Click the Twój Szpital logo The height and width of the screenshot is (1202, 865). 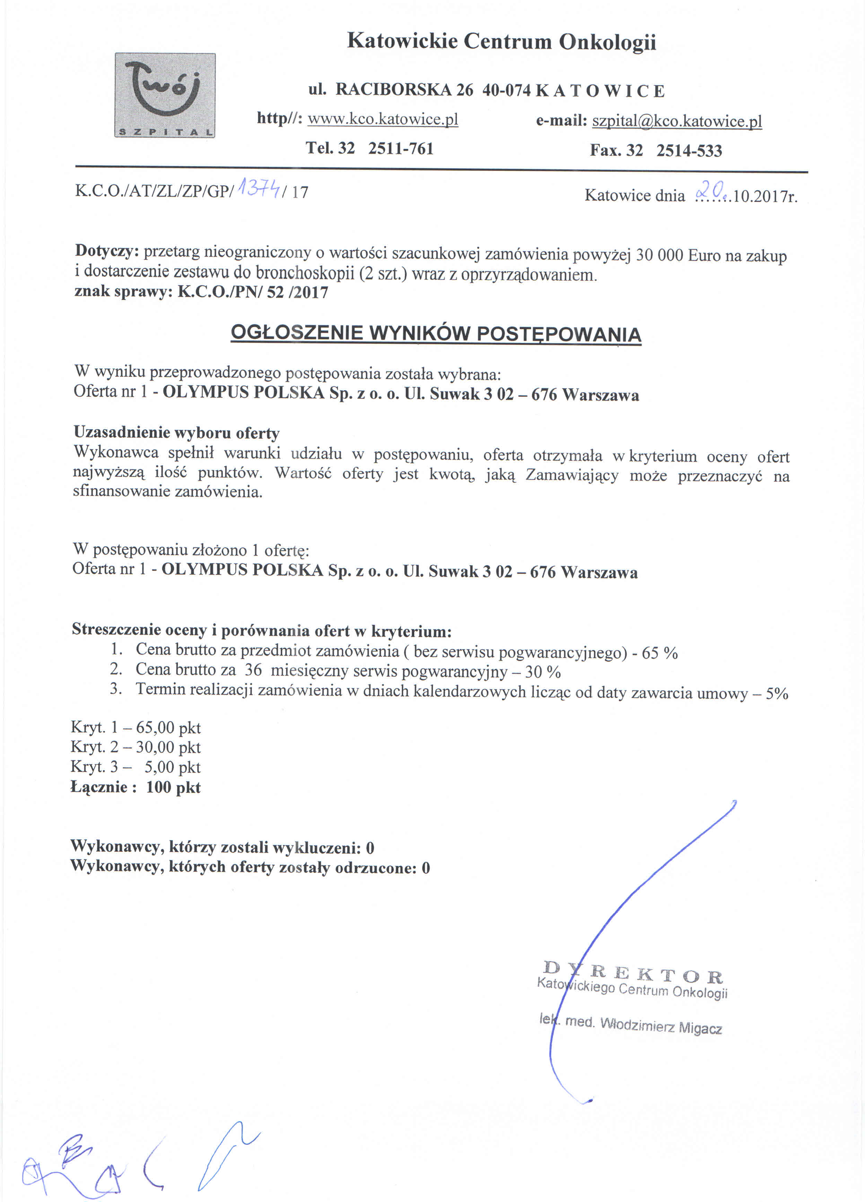165,95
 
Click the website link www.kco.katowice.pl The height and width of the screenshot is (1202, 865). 383,119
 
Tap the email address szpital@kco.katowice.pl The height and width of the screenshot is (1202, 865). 677,121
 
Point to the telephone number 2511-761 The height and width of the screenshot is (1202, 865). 401,148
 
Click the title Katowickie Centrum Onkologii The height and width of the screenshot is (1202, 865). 501,41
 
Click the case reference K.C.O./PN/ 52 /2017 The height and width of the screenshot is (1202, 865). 253,292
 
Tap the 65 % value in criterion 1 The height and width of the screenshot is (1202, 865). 659,653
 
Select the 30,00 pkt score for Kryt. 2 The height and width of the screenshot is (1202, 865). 168,747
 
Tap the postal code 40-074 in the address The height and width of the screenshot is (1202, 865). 506,91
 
